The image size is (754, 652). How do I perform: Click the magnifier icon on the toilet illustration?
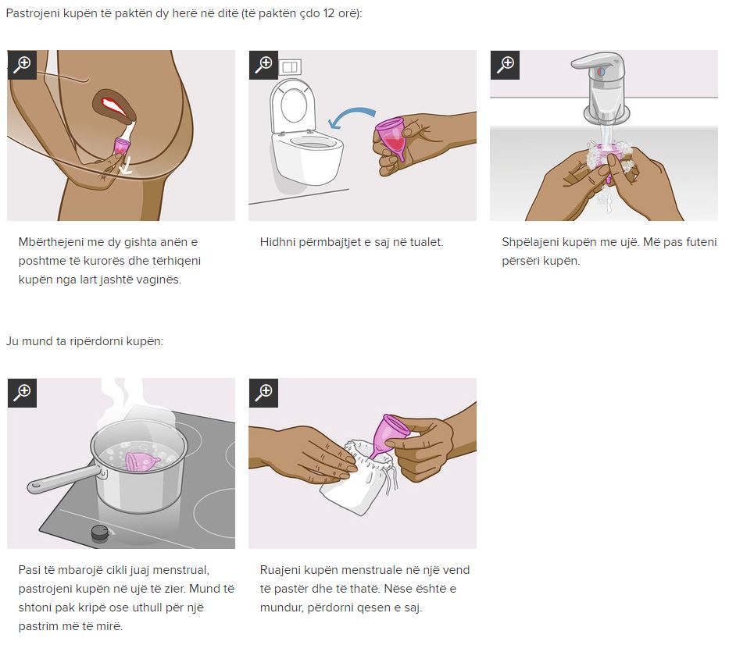pyautogui.click(x=263, y=65)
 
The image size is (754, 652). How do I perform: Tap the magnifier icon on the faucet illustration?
pyautogui.click(x=505, y=65)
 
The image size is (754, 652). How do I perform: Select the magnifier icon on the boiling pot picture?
pyautogui.click(x=22, y=393)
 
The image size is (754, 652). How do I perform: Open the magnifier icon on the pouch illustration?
pyautogui.click(x=263, y=393)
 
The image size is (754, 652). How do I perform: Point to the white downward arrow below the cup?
pyautogui.click(x=126, y=166)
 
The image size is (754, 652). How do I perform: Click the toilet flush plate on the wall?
pyautogui.click(x=290, y=67)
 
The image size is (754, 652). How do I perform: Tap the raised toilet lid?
pyautogui.click(x=293, y=105)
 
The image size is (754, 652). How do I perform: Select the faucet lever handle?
pyautogui.click(x=597, y=62)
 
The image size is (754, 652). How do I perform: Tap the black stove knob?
pyautogui.click(x=99, y=533)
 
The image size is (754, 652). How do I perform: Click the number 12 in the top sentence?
pyautogui.click(x=328, y=13)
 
